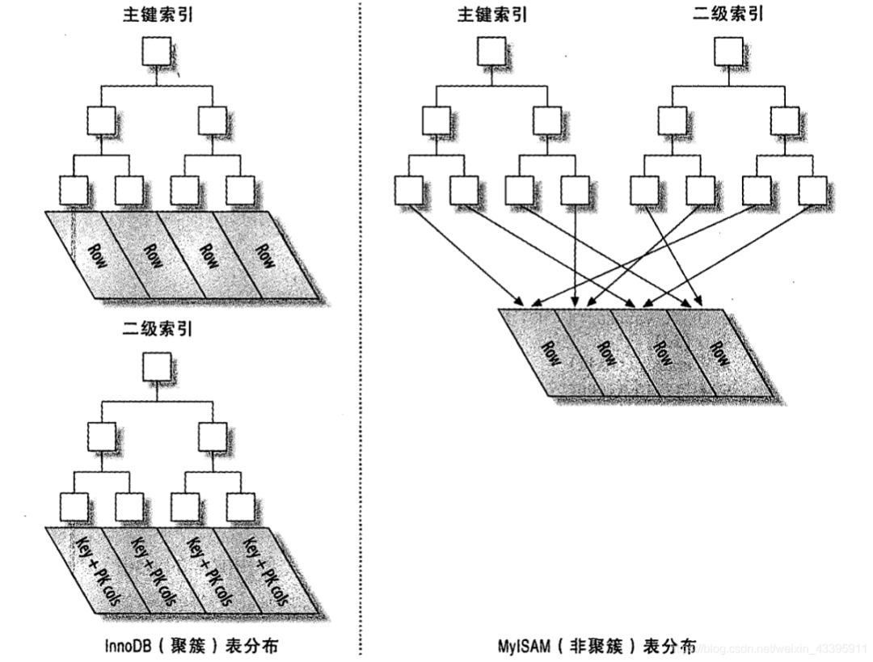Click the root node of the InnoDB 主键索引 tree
point(155,53)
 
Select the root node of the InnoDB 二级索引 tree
point(155,369)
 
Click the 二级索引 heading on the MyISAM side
point(727,14)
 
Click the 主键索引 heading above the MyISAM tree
point(491,14)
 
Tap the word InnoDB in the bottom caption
point(131,646)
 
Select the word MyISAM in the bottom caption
point(525,646)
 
